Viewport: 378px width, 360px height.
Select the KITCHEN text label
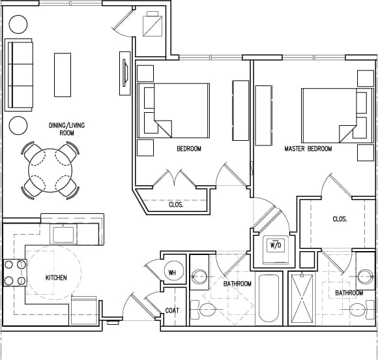[x=56, y=278]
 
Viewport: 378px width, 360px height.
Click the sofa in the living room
[x=19, y=75]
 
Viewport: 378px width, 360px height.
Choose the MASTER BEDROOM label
[x=308, y=149]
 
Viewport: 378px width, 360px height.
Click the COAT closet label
[x=172, y=311]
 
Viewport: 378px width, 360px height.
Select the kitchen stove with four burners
[x=14, y=273]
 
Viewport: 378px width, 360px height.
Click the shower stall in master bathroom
[x=300, y=299]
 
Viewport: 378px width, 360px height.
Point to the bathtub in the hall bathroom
[x=269, y=299]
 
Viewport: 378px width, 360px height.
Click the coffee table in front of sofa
[x=63, y=74]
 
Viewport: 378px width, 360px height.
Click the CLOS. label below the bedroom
[x=175, y=204]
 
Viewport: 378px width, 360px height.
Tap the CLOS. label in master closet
[x=339, y=220]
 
